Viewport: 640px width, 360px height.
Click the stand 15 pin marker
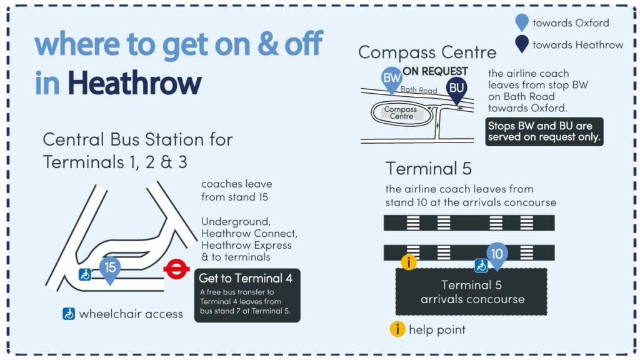110,269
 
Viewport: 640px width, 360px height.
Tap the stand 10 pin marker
497,256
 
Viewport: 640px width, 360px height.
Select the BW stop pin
391,79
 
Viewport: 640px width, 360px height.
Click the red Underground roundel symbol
176,269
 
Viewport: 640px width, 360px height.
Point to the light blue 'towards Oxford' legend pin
522,22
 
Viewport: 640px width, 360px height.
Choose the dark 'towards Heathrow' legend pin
522,44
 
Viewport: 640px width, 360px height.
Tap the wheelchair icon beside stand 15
85,275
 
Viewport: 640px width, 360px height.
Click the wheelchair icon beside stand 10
481,266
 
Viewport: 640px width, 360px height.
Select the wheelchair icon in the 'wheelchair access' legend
69,314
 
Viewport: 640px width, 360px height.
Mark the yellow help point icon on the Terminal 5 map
409,262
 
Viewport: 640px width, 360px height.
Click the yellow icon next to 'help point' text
397,329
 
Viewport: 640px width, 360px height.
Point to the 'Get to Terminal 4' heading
246,278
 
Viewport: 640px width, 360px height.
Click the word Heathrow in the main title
134,83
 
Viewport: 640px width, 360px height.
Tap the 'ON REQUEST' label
435,71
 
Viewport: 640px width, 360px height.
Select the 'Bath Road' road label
419,90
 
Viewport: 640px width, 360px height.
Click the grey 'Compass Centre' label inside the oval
401,112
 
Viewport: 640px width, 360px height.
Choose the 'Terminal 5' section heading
429,168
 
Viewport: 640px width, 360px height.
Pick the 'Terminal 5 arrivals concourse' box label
472,292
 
